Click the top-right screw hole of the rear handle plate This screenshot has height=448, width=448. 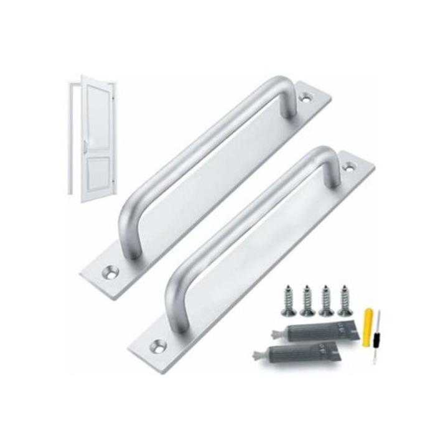point(306,98)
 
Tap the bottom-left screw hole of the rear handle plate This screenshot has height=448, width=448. point(112,272)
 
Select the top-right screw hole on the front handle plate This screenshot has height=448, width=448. point(350,167)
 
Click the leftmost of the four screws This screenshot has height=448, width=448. point(289,299)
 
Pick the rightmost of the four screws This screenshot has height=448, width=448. point(345,298)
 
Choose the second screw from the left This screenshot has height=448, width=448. point(307,299)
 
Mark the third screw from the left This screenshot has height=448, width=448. point(326,299)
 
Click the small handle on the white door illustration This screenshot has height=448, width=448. point(85,147)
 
